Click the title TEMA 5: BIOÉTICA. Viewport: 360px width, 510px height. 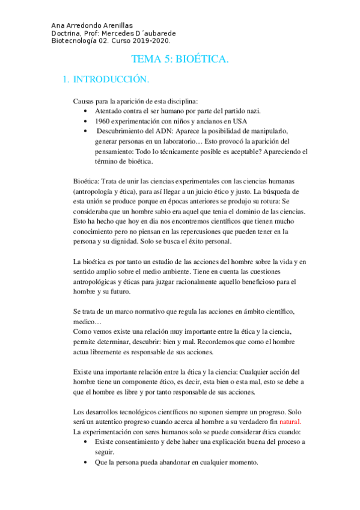click(x=180, y=60)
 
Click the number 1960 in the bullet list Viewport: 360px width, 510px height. click(x=103, y=121)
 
